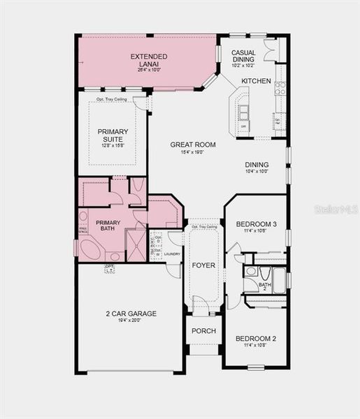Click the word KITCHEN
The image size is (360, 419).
pyautogui.click(x=256, y=82)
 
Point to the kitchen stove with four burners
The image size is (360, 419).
pyautogui.click(x=280, y=88)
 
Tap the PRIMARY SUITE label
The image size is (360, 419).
pyautogui.click(x=113, y=135)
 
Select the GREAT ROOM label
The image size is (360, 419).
pyautogui.click(x=193, y=145)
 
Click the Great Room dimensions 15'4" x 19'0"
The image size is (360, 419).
pyautogui.click(x=193, y=152)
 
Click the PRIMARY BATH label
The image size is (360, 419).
pyautogui.click(x=108, y=226)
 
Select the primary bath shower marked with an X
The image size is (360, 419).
pyautogui.click(x=136, y=244)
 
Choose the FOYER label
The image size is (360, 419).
pyautogui.click(x=204, y=265)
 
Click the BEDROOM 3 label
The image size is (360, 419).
pyautogui.click(x=255, y=224)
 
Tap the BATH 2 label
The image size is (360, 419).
pyautogui.click(x=265, y=286)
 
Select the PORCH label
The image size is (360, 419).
pyautogui.click(x=204, y=330)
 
